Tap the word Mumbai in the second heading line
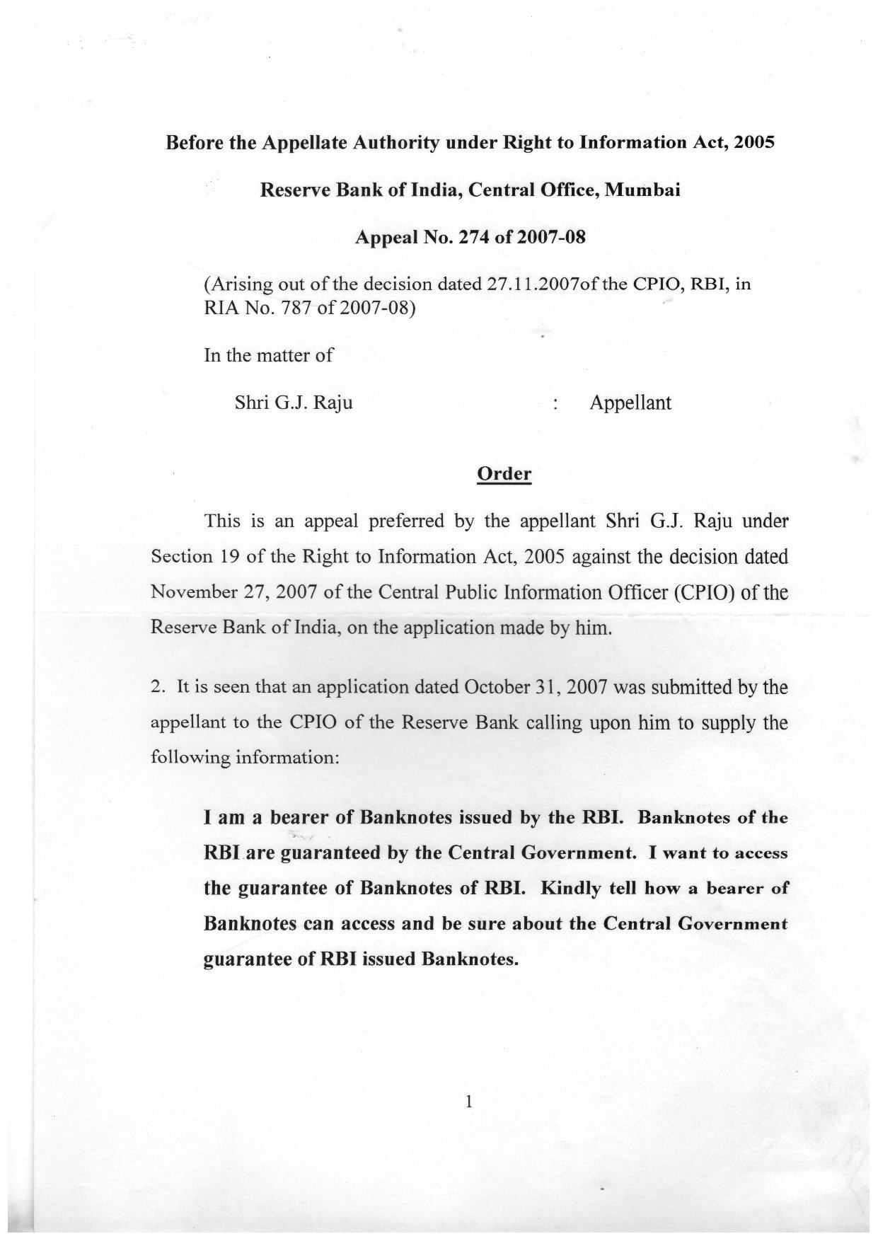pos(643,190)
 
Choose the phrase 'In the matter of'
pos(268,354)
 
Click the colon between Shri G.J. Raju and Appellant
pos(558,403)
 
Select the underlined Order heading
pos(504,473)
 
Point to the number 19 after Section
pos(227,556)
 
